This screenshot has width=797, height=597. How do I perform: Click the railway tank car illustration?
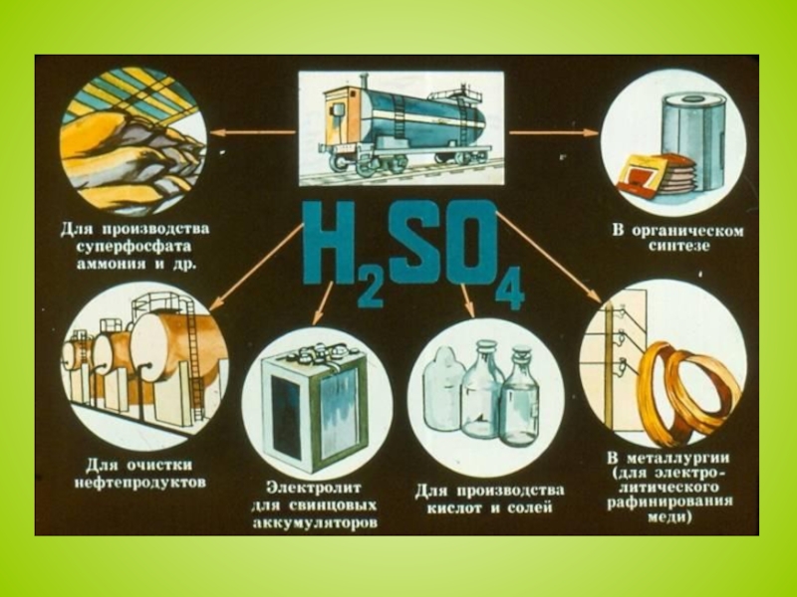pos(401,127)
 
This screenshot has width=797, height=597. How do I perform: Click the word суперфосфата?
pos(134,247)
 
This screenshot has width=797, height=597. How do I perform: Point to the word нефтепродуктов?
pos(140,483)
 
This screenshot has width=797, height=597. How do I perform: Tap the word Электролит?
pos(314,488)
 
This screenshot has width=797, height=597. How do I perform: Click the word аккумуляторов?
pos(315,523)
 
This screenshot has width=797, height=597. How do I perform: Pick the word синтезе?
pos(678,247)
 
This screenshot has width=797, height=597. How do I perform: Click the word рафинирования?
pos(669,502)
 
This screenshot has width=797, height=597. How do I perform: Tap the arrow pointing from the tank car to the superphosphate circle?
pos(253,133)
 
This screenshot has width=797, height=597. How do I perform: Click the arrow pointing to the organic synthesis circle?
pos(555,133)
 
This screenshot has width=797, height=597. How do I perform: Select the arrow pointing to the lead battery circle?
pos(323,303)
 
